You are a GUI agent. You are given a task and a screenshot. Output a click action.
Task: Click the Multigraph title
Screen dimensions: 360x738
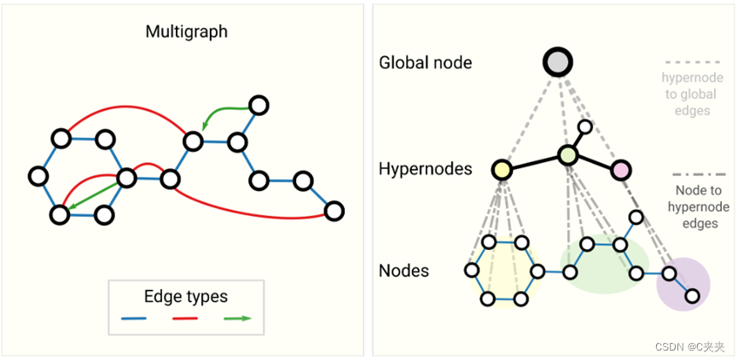point(187,33)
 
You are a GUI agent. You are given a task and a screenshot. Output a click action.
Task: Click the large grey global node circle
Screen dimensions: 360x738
point(558,61)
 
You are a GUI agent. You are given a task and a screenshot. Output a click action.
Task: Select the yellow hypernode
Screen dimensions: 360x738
point(501,169)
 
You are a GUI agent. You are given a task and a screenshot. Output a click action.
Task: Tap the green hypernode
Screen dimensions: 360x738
point(568,155)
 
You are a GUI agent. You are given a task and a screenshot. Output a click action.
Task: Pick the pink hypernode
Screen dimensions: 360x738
point(620,170)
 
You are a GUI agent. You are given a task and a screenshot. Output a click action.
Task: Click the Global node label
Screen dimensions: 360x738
point(425,62)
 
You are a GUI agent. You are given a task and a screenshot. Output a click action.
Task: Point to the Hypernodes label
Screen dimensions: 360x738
point(425,169)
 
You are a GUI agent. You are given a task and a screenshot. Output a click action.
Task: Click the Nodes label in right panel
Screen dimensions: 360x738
point(404,271)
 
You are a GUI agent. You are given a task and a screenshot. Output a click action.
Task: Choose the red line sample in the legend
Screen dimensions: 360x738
point(185,319)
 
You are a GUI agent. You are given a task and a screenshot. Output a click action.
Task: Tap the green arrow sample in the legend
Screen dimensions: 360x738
point(236,319)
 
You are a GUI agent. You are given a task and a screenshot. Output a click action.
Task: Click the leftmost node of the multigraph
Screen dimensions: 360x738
point(37,176)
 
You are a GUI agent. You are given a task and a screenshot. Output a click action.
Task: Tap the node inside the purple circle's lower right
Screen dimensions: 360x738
point(693,296)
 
